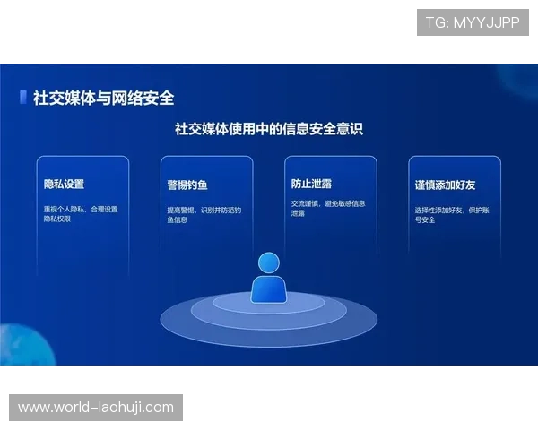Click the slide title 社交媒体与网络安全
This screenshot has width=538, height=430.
coord(103,98)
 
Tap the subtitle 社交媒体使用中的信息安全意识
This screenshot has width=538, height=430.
coord(268,129)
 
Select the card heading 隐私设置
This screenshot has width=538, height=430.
coord(64,185)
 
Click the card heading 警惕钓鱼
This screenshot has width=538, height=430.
coord(187,185)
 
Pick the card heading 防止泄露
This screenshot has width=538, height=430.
coord(311,184)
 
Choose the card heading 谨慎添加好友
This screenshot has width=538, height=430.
coord(445,185)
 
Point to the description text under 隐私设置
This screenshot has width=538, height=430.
coord(81,213)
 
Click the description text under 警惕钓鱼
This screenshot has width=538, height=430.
coord(204,214)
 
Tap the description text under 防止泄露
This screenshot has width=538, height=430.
coord(327,209)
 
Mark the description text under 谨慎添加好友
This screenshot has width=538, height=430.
coord(450,214)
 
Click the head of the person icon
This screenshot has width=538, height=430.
coord(269,262)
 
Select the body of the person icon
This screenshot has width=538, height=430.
coord(269,288)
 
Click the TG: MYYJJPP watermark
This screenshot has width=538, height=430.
coord(473,22)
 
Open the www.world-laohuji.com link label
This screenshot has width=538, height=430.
coord(96,408)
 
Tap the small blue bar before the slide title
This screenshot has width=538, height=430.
coord(22,98)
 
